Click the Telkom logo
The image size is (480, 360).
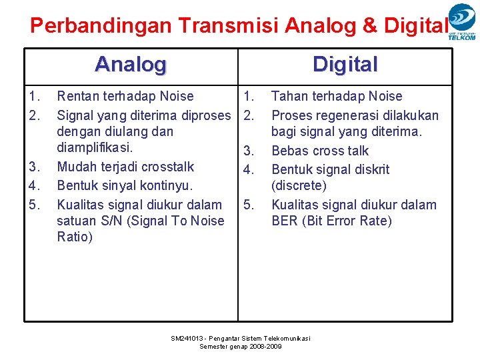[462, 22]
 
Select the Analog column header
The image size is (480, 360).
[131, 65]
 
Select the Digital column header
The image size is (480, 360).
[345, 65]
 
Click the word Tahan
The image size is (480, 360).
[290, 97]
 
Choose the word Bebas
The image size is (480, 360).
[290, 151]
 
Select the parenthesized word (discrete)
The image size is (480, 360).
[299, 186]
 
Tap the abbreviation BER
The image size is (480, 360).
[285, 221]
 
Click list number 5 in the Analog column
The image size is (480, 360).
[35, 204]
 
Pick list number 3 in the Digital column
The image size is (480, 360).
[249, 151]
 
